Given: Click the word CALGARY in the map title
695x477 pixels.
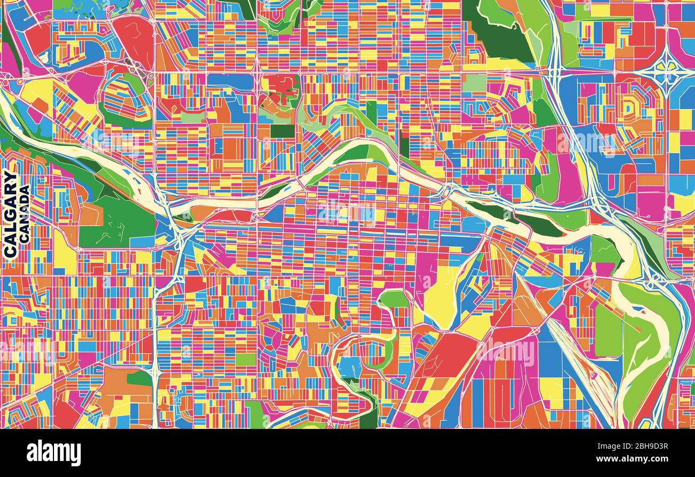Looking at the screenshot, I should (x=10, y=214).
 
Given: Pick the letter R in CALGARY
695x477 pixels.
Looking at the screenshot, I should (x=10, y=189).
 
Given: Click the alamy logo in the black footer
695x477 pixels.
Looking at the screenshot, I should (x=53, y=452).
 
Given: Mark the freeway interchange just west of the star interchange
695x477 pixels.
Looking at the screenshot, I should (x=556, y=69).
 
